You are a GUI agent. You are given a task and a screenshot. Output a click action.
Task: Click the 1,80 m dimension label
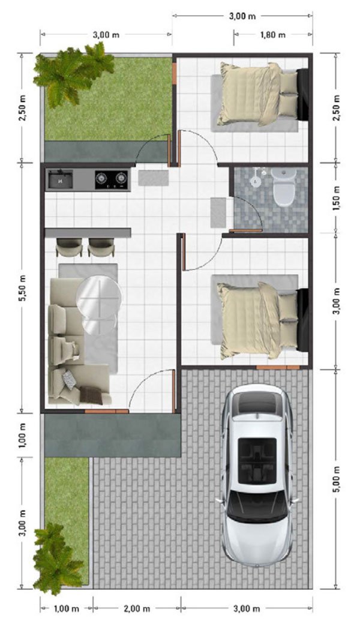[273, 35]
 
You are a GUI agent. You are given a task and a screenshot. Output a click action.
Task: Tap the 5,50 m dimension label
[23, 288]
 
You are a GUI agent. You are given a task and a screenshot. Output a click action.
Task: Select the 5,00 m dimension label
[337, 479]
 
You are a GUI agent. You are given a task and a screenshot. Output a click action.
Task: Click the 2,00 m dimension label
[137, 609]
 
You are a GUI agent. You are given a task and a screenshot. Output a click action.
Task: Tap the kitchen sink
[61, 179]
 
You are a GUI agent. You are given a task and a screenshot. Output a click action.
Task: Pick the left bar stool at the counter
[69, 247]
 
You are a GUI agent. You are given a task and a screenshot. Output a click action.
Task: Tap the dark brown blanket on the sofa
[91, 395]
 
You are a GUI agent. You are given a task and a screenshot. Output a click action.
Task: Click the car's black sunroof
[257, 460]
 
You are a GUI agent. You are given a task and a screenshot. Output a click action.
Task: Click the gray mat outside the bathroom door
[218, 212]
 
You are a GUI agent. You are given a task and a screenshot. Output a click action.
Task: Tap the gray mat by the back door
[154, 178]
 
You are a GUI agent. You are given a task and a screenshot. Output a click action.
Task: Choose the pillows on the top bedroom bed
[288, 94]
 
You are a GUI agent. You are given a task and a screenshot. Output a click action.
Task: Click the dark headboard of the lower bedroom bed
[302, 319]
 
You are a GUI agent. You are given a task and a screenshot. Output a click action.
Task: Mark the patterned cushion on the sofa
[70, 380]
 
